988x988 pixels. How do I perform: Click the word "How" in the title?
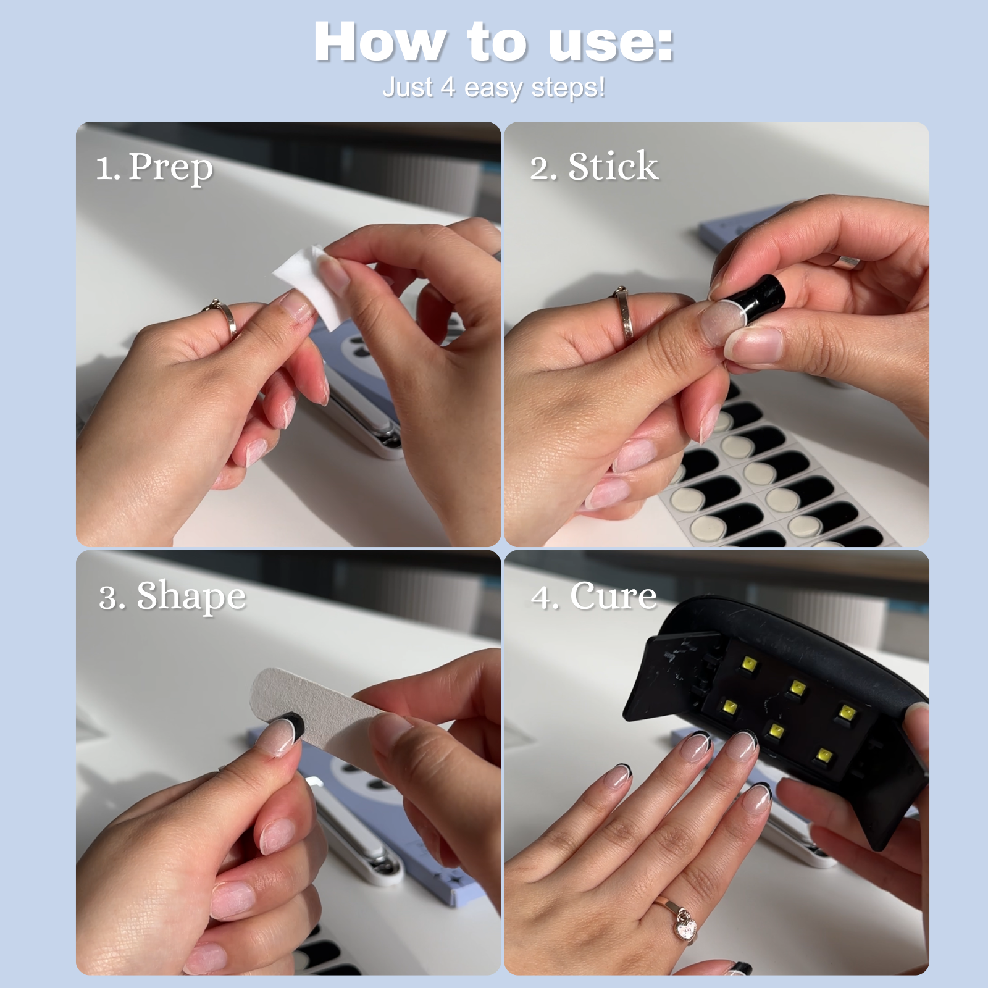(x=379, y=42)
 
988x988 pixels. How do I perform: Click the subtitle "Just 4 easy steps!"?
(x=493, y=87)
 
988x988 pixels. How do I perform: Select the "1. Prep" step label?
(x=154, y=167)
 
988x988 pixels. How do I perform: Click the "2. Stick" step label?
(x=594, y=166)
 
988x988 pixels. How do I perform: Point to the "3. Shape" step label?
(x=172, y=596)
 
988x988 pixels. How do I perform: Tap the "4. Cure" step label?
(x=593, y=596)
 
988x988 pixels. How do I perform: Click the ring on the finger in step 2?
(x=624, y=315)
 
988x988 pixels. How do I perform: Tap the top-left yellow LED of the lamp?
(x=749, y=664)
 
